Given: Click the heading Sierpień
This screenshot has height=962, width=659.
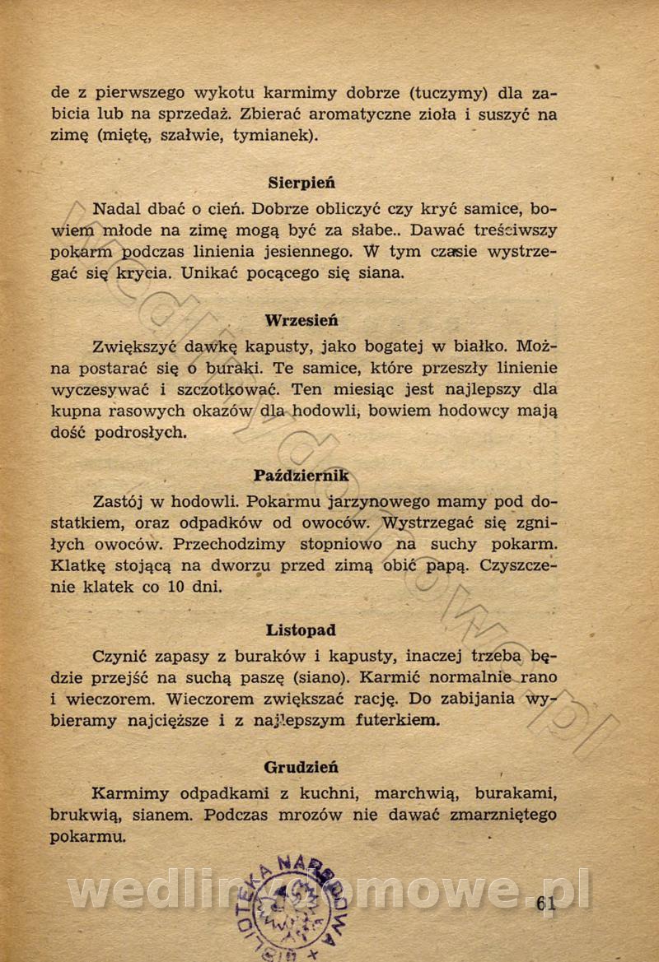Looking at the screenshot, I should (301, 183).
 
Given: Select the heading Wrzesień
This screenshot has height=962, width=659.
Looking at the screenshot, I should (301, 320).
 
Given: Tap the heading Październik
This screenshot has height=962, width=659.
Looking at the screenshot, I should (301, 475).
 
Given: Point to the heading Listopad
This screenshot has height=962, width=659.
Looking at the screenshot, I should (301, 630).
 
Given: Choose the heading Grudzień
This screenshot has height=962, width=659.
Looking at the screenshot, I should (301, 767).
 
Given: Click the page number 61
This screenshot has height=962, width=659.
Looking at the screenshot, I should (546, 902).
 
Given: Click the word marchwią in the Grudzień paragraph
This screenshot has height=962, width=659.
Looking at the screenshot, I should (413, 794).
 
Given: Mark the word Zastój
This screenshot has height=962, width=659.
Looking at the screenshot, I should (116, 500).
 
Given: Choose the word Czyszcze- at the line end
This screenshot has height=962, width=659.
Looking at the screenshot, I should (519, 566).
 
